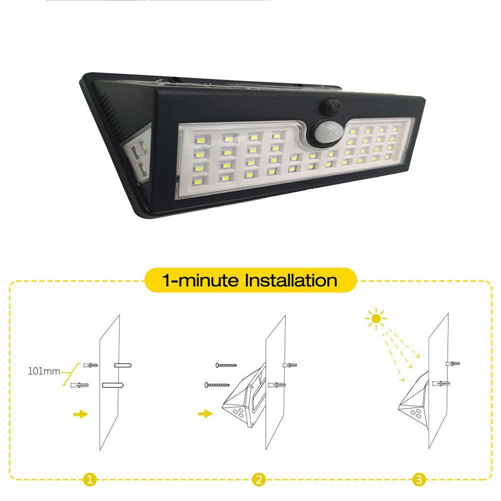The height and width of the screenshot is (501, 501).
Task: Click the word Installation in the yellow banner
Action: point(291,280)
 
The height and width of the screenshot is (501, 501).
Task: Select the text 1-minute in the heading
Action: point(201,280)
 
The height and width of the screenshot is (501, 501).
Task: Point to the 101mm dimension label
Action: point(44,371)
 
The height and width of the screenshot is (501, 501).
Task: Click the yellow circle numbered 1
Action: point(90,479)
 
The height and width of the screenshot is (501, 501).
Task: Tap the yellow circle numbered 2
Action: point(258,479)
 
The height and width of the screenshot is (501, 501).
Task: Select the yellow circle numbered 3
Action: point(419,479)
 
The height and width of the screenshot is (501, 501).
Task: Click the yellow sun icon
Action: point(376,318)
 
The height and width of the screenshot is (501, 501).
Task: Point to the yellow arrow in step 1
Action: point(81,414)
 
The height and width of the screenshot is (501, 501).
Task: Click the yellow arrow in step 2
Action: point(205,414)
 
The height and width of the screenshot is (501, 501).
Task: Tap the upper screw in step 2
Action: point(226,365)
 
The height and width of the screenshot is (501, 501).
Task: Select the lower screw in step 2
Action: point(217,385)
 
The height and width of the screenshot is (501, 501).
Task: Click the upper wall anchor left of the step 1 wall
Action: point(91,365)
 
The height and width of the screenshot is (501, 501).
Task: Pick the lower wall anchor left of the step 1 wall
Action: point(79,385)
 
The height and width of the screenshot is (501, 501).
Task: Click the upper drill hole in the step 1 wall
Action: point(123,365)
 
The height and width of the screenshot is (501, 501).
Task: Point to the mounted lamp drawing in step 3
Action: point(413,399)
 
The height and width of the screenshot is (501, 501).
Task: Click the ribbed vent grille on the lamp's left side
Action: point(108,102)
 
